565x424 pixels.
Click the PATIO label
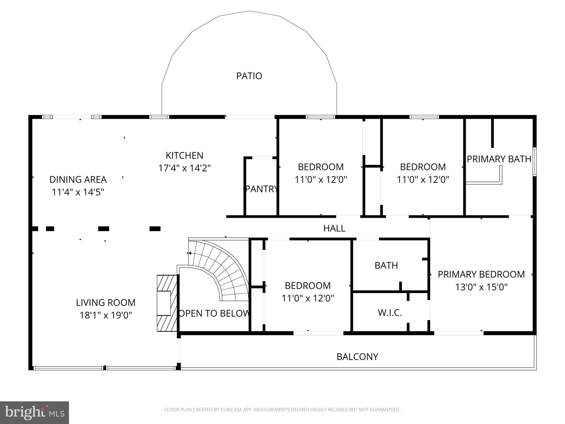click(x=249, y=76)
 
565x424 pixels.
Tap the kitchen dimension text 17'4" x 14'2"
click(x=184, y=168)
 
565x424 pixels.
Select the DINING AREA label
click(x=78, y=179)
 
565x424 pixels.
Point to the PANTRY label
click(x=261, y=189)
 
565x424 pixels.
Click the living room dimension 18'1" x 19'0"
click(x=106, y=315)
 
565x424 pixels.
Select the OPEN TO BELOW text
click(x=214, y=313)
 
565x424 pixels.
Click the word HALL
click(x=334, y=228)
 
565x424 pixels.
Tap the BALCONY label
click(x=357, y=357)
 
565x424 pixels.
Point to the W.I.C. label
click(x=390, y=313)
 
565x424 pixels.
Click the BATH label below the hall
click(x=386, y=266)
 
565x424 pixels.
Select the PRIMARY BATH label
click(x=499, y=159)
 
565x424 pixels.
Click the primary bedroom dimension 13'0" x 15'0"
click(x=481, y=287)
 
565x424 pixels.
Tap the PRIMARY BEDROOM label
click(x=481, y=274)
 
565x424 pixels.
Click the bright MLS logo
click(x=34, y=412)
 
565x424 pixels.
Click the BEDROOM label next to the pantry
click(x=321, y=167)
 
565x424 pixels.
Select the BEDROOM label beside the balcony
click(x=308, y=285)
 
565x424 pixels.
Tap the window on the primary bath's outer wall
click(x=534, y=162)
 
